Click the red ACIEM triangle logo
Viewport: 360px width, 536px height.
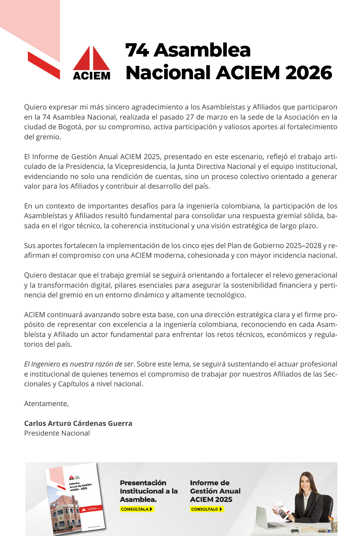pyautogui.click(x=91, y=59)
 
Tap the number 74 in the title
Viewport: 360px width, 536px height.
pyautogui.click(x=137, y=50)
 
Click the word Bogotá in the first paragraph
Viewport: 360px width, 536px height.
pyautogui.click(x=71, y=127)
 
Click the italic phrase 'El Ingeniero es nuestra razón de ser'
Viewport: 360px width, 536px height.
pyautogui.click(x=79, y=364)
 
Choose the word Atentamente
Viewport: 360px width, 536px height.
pyautogui.click(x=46, y=404)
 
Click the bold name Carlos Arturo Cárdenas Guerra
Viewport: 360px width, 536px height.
pyautogui.click(x=78, y=423)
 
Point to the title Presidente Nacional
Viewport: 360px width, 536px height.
pyautogui.click(x=57, y=433)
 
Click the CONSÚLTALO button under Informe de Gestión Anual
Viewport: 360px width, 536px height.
pyautogui.click(x=207, y=509)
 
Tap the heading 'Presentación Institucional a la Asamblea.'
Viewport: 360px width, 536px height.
pyautogui.click(x=149, y=491)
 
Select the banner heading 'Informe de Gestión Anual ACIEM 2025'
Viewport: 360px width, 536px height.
pyautogui.click(x=215, y=491)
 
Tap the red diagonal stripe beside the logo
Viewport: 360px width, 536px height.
pyautogui.click(x=44, y=65)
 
